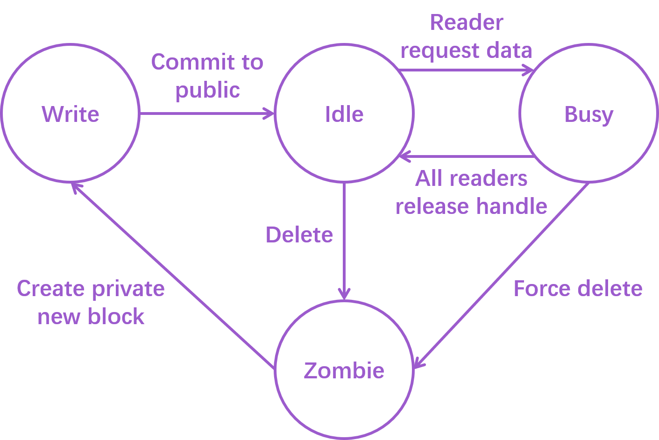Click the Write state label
tap(71, 114)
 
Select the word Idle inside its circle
tap(344, 114)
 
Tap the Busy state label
tap(588, 114)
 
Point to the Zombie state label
tap(344, 370)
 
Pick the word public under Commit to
tap(208, 91)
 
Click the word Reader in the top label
tap(466, 22)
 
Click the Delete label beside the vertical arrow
tap(299, 234)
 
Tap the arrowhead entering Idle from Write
tap(270, 113)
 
